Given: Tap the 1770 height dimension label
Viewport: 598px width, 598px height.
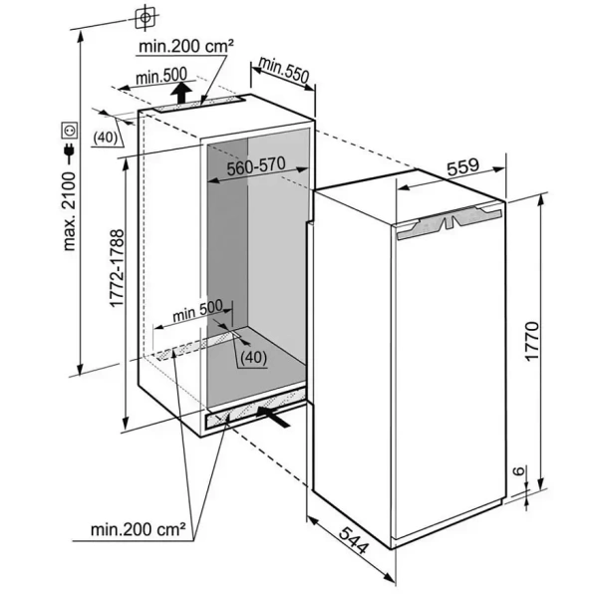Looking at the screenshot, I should [x=531, y=342].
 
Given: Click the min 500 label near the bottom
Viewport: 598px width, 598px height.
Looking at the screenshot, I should [x=195, y=311].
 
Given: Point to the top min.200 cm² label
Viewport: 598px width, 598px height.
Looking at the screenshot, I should [x=186, y=46].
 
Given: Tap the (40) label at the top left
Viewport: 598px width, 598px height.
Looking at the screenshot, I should [x=107, y=137].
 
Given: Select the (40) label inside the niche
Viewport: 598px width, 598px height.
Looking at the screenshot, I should [x=253, y=357].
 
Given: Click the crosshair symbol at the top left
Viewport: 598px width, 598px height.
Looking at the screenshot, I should [x=146, y=17].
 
